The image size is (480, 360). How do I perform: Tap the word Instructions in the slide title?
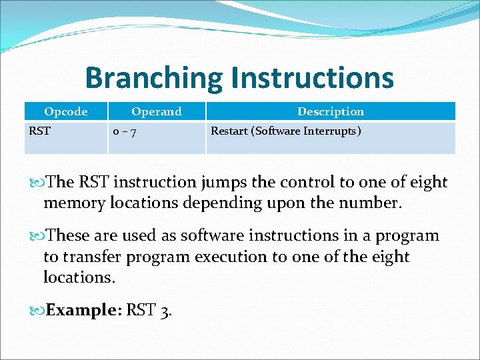[312, 77]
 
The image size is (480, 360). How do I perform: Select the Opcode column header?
[65, 111]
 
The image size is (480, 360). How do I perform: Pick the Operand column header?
[156, 111]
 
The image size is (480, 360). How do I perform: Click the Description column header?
[331, 111]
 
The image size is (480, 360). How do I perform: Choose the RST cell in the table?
[39, 131]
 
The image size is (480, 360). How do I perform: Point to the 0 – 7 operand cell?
[125, 131]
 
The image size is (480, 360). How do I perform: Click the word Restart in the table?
[230, 131]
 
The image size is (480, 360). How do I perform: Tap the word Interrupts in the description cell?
[330, 131]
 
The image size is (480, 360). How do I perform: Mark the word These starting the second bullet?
[72, 235]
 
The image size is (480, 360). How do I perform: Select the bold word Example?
[80, 310]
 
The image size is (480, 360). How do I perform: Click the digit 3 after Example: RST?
[167, 311]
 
